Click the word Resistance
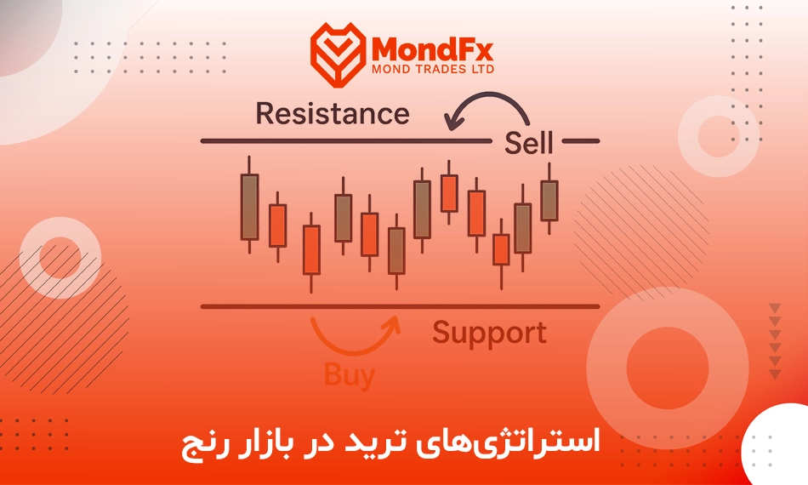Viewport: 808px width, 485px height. pyautogui.click(x=333, y=113)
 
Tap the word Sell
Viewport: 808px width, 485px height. pyautogui.click(x=528, y=143)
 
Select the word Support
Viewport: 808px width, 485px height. pyautogui.click(x=489, y=334)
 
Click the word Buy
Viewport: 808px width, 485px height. pyautogui.click(x=349, y=375)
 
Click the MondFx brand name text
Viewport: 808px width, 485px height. pyautogui.click(x=432, y=50)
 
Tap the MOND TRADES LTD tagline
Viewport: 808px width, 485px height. pyautogui.click(x=433, y=69)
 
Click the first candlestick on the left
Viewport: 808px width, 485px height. pyautogui.click(x=249, y=206)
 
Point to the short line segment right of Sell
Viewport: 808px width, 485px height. pyautogui.click(x=581, y=140)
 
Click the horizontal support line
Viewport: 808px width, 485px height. pyautogui.click(x=400, y=306)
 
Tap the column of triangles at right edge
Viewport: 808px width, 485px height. pyautogui.click(x=775, y=341)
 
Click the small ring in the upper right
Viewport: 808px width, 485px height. pyautogui.click(x=719, y=136)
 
